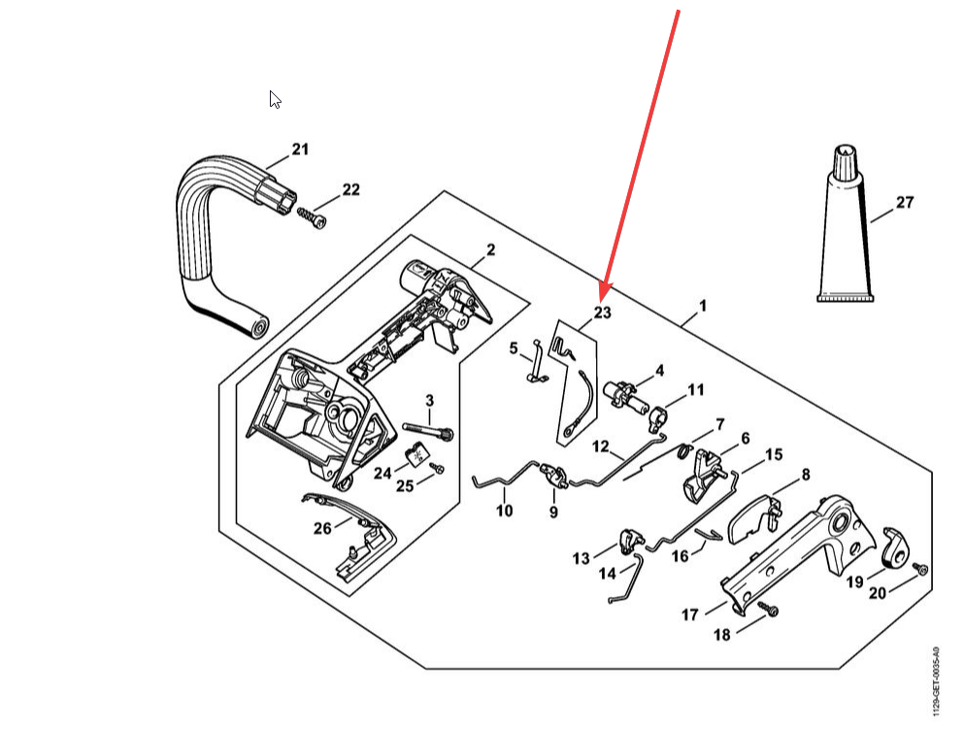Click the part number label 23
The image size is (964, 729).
pyautogui.click(x=603, y=313)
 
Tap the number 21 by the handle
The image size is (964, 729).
pyautogui.click(x=300, y=149)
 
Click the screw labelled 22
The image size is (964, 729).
pyautogui.click(x=312, y=216)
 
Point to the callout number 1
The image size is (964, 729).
pyautogui.click(x=702, y=306)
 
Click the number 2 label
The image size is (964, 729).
pyautogui.click(x=490, y=250)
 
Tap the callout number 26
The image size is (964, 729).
pyautogui.click(x=321, y=528)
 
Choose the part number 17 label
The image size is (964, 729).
pyautogui.click(x=690, y=614)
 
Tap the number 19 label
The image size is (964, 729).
pyautogui.click(x=854, y=582)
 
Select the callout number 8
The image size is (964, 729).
pyautogui.click(x=805, y=475)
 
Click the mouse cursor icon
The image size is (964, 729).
pyautogui.click(x=275, y=99)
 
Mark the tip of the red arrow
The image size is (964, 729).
pyautogui.click(x=603, y=294)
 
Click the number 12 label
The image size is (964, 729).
pyautogui.click(x=601, y=447)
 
